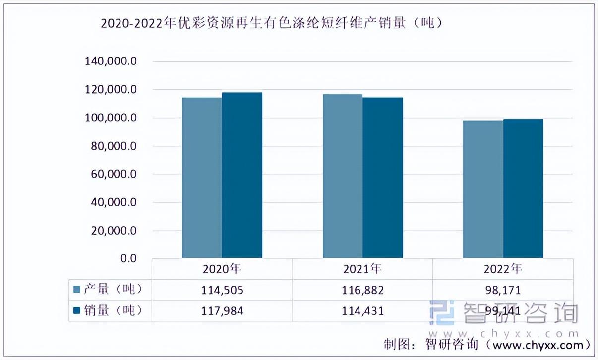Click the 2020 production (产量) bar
point(202,178)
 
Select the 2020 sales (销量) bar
point(242,175)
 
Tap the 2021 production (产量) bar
point(343,176)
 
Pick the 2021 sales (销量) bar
point(383,178)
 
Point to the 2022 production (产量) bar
point(483,189)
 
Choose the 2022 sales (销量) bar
point(523,188)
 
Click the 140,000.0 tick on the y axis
point(111,61)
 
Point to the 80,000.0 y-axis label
point(114,146)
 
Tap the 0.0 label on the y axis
point(128,258)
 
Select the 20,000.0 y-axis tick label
point(114,231)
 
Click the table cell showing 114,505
point(222,290)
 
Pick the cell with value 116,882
point(363,290)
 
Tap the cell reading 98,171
point(503,290)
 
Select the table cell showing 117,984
point(222,311)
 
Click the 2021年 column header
point(362,269)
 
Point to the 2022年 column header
point(503,269)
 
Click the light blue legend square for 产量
point(77,290)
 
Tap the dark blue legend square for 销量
point(77,310)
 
